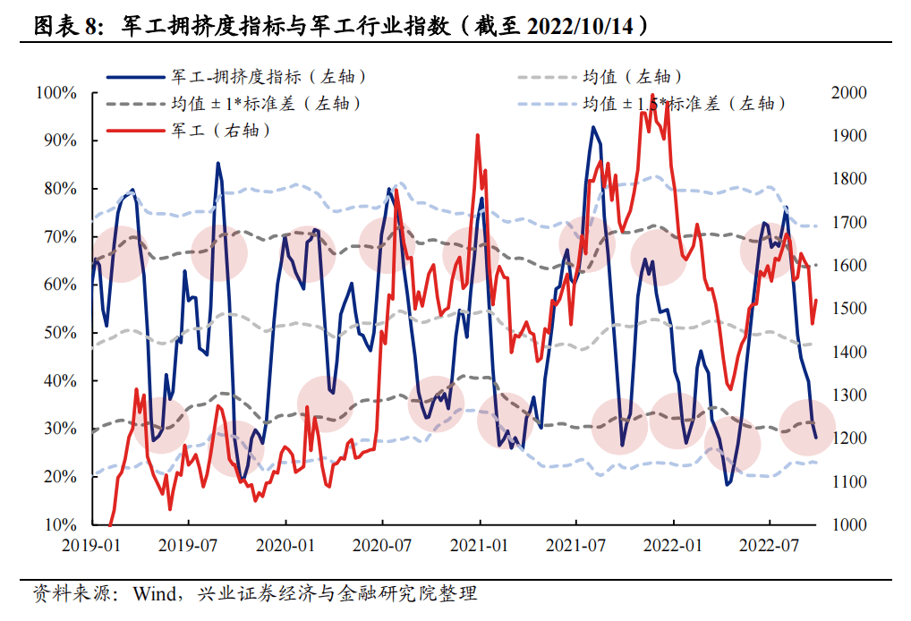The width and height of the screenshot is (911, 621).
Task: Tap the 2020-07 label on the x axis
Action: [382, 543]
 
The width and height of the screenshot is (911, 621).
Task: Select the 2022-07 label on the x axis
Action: [770, 543]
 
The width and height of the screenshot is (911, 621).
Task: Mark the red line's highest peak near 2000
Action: [654, 94]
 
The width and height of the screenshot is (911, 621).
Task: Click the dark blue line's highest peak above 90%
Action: [592, 127]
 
